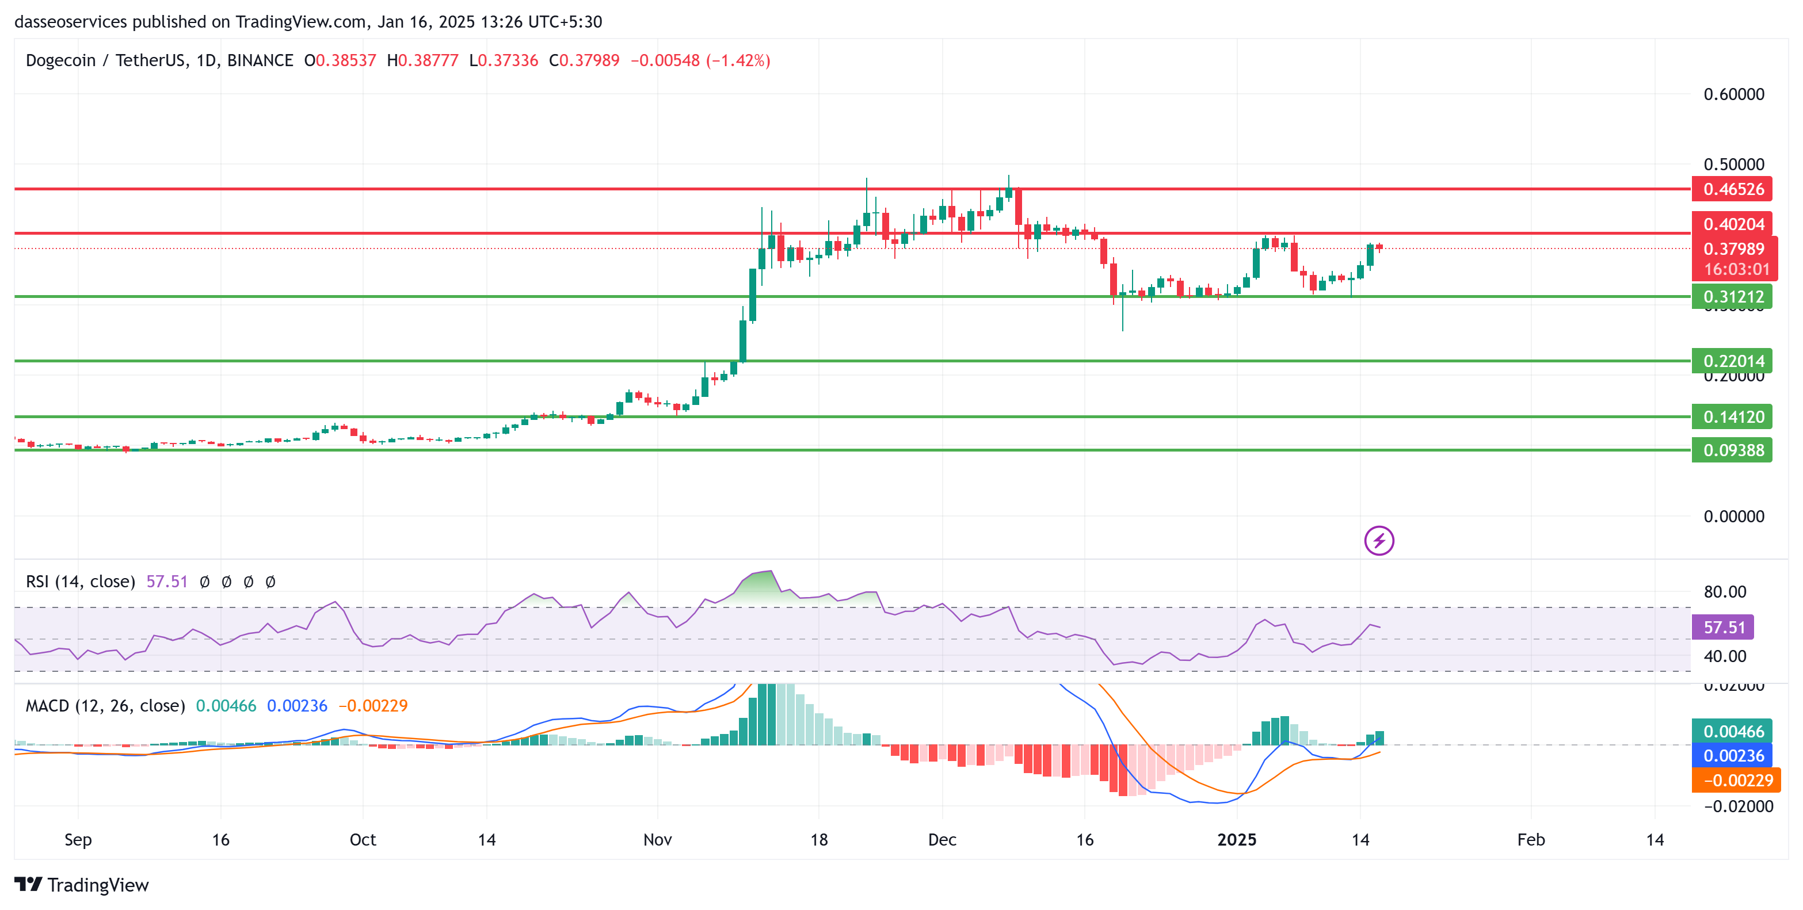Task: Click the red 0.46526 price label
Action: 1732,189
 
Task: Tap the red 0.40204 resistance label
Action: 1732,224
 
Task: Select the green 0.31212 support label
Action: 1732,297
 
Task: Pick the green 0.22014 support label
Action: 1732,361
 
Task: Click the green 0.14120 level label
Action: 1732,417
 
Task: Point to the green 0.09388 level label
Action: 1732,450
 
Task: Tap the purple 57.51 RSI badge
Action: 1722,627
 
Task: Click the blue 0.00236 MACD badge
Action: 1732,755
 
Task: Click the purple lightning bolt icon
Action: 1379,541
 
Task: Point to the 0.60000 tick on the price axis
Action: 1733,94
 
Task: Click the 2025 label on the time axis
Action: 1237,839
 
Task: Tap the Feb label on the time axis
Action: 1531,839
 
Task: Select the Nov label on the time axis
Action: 657,839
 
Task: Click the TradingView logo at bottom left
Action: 82,885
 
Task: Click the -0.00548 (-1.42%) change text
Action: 700,61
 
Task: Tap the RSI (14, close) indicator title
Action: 81,581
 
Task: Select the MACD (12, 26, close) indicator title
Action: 105,706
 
